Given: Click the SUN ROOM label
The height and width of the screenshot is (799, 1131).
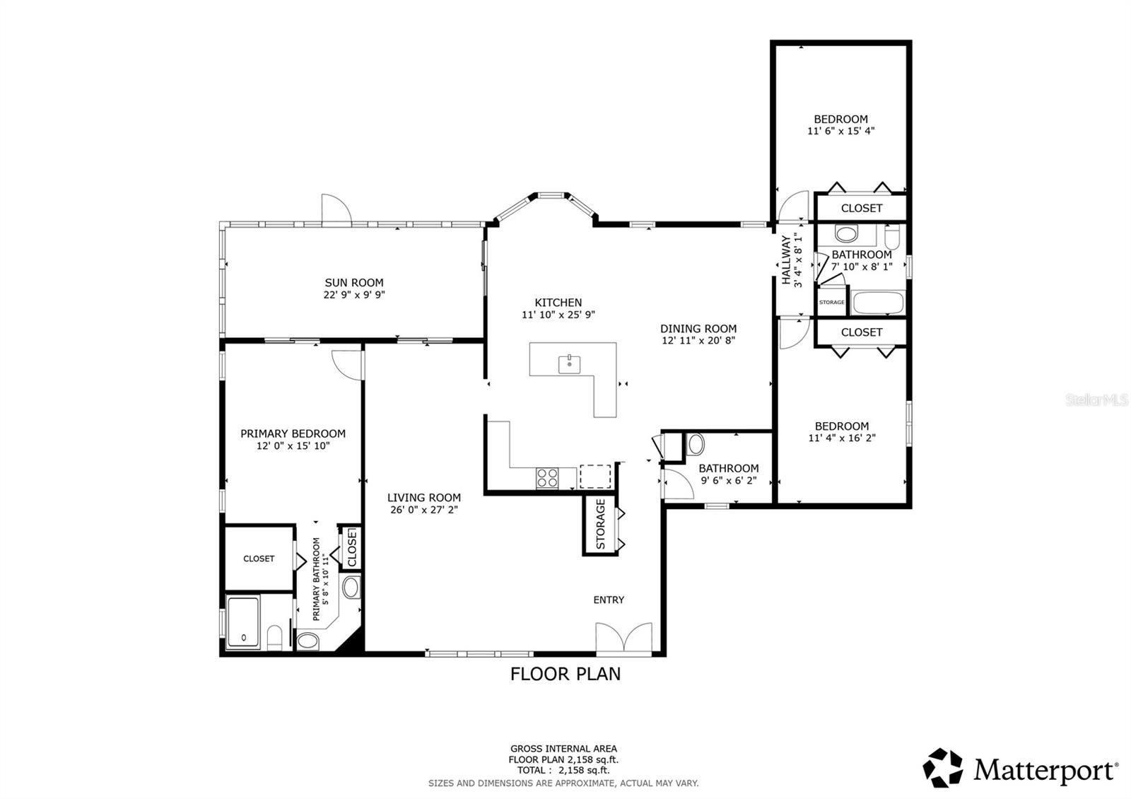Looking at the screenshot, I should (353, 283).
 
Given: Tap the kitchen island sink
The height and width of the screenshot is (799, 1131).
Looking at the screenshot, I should (569, 364).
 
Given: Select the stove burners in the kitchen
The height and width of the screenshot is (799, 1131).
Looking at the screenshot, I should (546, 478).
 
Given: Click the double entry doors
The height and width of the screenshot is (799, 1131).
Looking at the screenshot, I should (623, 639).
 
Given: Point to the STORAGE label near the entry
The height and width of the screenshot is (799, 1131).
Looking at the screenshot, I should (600, 525).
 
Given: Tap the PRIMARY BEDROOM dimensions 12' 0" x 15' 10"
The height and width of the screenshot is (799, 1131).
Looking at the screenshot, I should (293, 446).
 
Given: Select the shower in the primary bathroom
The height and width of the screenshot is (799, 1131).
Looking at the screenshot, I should (243, 622).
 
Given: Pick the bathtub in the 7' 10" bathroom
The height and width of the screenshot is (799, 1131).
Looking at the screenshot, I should (878, 303).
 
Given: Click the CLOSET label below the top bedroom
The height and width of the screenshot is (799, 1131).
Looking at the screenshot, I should (862, 209).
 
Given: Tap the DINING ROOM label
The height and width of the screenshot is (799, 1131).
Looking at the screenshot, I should (698, 329).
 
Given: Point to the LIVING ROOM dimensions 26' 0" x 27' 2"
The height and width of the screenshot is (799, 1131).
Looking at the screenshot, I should (424, 510).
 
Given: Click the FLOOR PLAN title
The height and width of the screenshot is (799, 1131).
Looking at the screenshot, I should (565, 674).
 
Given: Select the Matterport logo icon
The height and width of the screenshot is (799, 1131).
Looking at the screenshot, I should (943, 768).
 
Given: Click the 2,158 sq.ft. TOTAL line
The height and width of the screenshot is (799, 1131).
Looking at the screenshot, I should (563, 771).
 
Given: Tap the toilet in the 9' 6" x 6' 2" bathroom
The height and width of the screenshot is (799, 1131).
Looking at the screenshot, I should (696, 445).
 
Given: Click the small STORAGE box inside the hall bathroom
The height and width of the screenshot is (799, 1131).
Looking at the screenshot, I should (831, 302).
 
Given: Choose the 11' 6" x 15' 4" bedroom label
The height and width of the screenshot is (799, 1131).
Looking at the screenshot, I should (841, 125).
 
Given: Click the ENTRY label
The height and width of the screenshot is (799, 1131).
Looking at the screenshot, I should (609, 600).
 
